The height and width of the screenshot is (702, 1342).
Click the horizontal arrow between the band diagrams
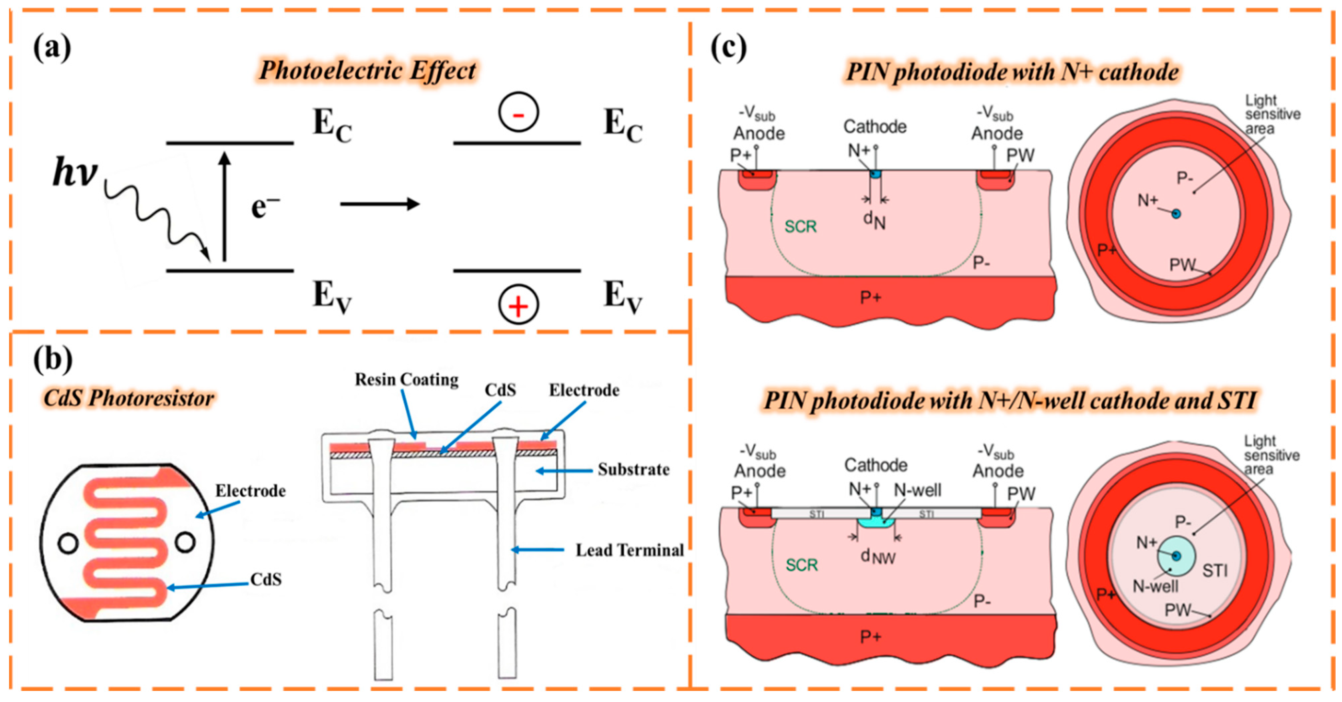click(380, 204)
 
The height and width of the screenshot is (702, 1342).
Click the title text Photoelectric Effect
click(367, 70)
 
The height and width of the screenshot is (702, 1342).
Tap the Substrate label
click(633, 469)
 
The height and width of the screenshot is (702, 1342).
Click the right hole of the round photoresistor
click(185, 542)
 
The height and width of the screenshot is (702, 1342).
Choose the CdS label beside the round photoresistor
click(266, 579)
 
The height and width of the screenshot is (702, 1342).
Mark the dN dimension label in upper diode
click(875, 220)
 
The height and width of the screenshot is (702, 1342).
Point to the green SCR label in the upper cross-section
click(801, 227)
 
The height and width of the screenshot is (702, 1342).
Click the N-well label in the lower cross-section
click(918, 490)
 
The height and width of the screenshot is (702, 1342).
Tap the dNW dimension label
click(878, 557)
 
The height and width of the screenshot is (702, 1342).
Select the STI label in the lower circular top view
click(1215, 571)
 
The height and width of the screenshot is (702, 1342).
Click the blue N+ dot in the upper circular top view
click(1176, 213)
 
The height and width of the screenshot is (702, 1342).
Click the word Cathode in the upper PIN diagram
click(875, 126)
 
